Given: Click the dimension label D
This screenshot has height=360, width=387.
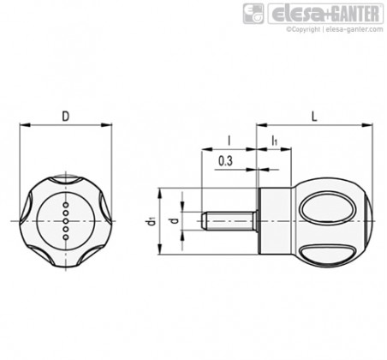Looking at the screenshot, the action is (66, 117).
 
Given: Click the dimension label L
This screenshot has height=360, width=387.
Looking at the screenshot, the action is (314, 117).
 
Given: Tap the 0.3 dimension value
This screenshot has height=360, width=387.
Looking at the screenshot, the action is (225, 161).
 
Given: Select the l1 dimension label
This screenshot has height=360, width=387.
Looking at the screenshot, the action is (274, 141).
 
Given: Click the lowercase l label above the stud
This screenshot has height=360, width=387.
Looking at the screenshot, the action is (229, 141).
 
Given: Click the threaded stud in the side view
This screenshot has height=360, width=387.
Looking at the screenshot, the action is (229, 221).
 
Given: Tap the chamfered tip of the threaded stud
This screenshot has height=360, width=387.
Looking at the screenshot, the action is (204, 221).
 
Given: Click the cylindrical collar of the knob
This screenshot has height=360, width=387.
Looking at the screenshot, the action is (275, 221).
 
